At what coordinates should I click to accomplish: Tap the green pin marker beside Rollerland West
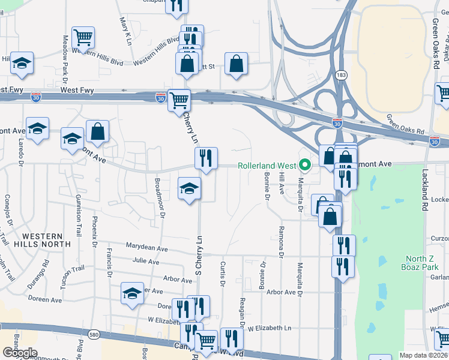coord(306,164)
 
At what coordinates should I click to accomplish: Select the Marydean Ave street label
coord(147,247)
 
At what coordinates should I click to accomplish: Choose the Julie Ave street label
coord(146,262)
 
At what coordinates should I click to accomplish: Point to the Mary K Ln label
coord(127,30)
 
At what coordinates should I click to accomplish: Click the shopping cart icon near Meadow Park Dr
coord(83,38)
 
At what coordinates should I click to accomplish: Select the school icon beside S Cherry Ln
coord(190,189)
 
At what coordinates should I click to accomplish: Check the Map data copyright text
coord(423,355)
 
